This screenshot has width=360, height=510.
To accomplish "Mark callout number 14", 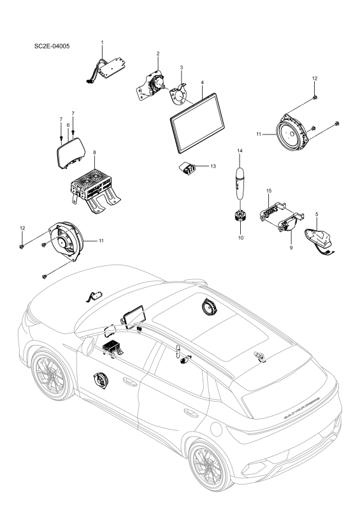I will pos(240,150).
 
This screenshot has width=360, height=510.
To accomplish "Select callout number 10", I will pos(240,237).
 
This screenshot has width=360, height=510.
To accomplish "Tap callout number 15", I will pos(270,191).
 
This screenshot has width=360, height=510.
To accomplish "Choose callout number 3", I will pos(182,67).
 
